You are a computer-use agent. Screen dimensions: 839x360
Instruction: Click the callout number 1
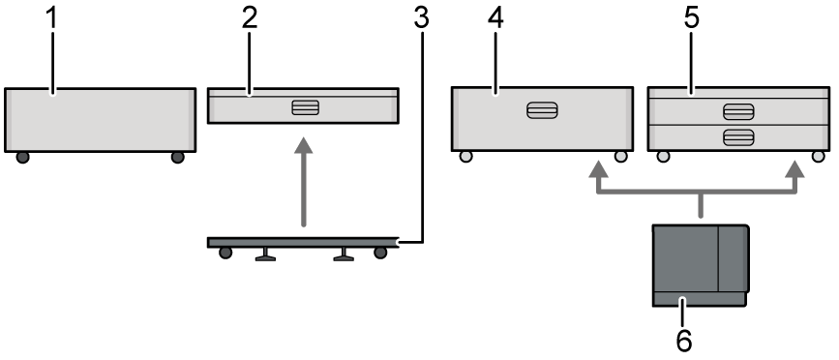pos(51,18)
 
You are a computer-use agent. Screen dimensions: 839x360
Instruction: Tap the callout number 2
pos(250,18)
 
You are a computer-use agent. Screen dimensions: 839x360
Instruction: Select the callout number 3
pos(422,18)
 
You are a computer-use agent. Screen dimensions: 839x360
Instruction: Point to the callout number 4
pos(495,18)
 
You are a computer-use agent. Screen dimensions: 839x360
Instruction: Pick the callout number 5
pos(691,18)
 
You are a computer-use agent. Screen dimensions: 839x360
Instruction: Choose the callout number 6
pos(684,341)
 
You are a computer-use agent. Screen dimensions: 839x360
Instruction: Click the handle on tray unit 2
pos(306,107)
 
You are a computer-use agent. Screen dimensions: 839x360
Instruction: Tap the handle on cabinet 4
pos(542,110)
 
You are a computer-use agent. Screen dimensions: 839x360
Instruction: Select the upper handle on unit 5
pos(738,112)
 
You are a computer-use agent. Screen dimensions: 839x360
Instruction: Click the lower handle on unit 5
pos(738,137)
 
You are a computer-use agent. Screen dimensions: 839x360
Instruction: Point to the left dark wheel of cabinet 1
pos(22,158)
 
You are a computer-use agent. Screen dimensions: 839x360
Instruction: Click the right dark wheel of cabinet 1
pos(178,158)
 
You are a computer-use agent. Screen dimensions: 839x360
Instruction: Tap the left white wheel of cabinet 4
pos(466,156)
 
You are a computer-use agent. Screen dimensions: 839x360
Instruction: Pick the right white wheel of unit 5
pos(818,156)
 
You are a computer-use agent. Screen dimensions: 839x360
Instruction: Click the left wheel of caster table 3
pos(225,253)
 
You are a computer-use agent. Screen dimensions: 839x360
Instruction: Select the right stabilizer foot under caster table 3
pos(344,255)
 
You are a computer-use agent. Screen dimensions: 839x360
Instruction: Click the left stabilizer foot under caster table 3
pos(265,255)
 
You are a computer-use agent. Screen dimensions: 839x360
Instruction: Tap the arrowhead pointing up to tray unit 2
pos(304,145)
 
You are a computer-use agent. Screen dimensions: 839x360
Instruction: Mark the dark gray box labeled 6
pos(700,265)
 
